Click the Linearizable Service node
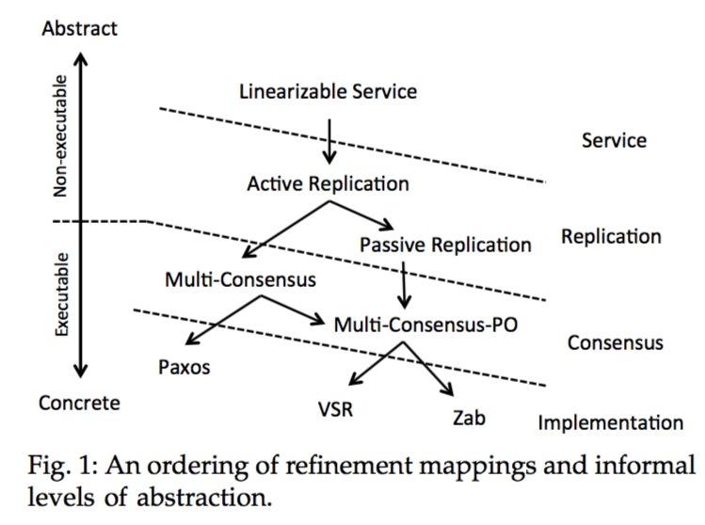click(x=328, y=92)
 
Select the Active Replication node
click(x=328, y=183)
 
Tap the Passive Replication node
click(x=445, y=245)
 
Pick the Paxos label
click(x=184, y=366)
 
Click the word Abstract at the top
click(x=80, y=28)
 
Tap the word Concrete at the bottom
click(x=80, y=403)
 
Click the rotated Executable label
click(x=61, y=295)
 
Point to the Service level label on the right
click(x=614, y=140)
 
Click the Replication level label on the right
click(x=611, y=236)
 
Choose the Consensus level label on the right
click(x=615, y=342)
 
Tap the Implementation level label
click(x=610, y=422)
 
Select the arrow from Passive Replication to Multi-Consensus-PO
click(x=405, y=284)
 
